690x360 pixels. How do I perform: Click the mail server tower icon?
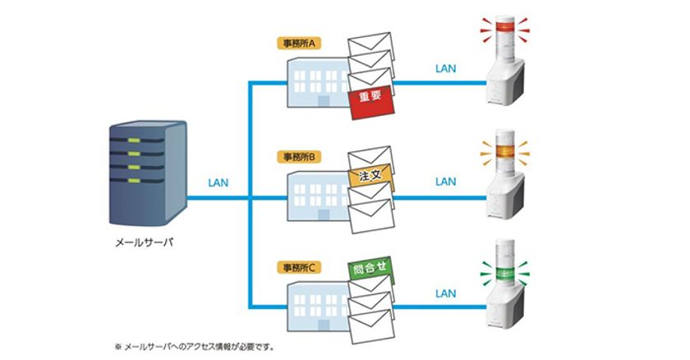(x=148, y=173)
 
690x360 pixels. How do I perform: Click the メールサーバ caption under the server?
(x=144, y=242)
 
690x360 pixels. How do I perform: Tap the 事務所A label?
(x=299, y=43)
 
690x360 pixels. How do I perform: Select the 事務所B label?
(x=299, y=157)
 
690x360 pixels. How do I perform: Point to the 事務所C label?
(x=299, y=267)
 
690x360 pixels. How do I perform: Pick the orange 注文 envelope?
(x=370, y=176)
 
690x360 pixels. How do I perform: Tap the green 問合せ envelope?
(x=370, y=268)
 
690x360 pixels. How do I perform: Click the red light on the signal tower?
(x=504, y=26)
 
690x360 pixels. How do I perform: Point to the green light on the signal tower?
(x=504, y=274)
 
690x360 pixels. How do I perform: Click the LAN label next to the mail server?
(x=218, y=182)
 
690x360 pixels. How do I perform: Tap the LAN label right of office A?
(x=446, y=69)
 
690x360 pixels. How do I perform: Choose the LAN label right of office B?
(x=446, y=182)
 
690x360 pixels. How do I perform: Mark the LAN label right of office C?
(x=446, y=293)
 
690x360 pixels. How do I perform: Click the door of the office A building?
(x=324, y=101)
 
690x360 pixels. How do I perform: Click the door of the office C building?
(x=324, y=325)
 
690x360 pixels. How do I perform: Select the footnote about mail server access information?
(x=194, y=347)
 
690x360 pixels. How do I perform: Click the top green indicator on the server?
(x=134, y=141)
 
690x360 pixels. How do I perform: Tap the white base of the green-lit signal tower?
(x=506, y=308)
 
